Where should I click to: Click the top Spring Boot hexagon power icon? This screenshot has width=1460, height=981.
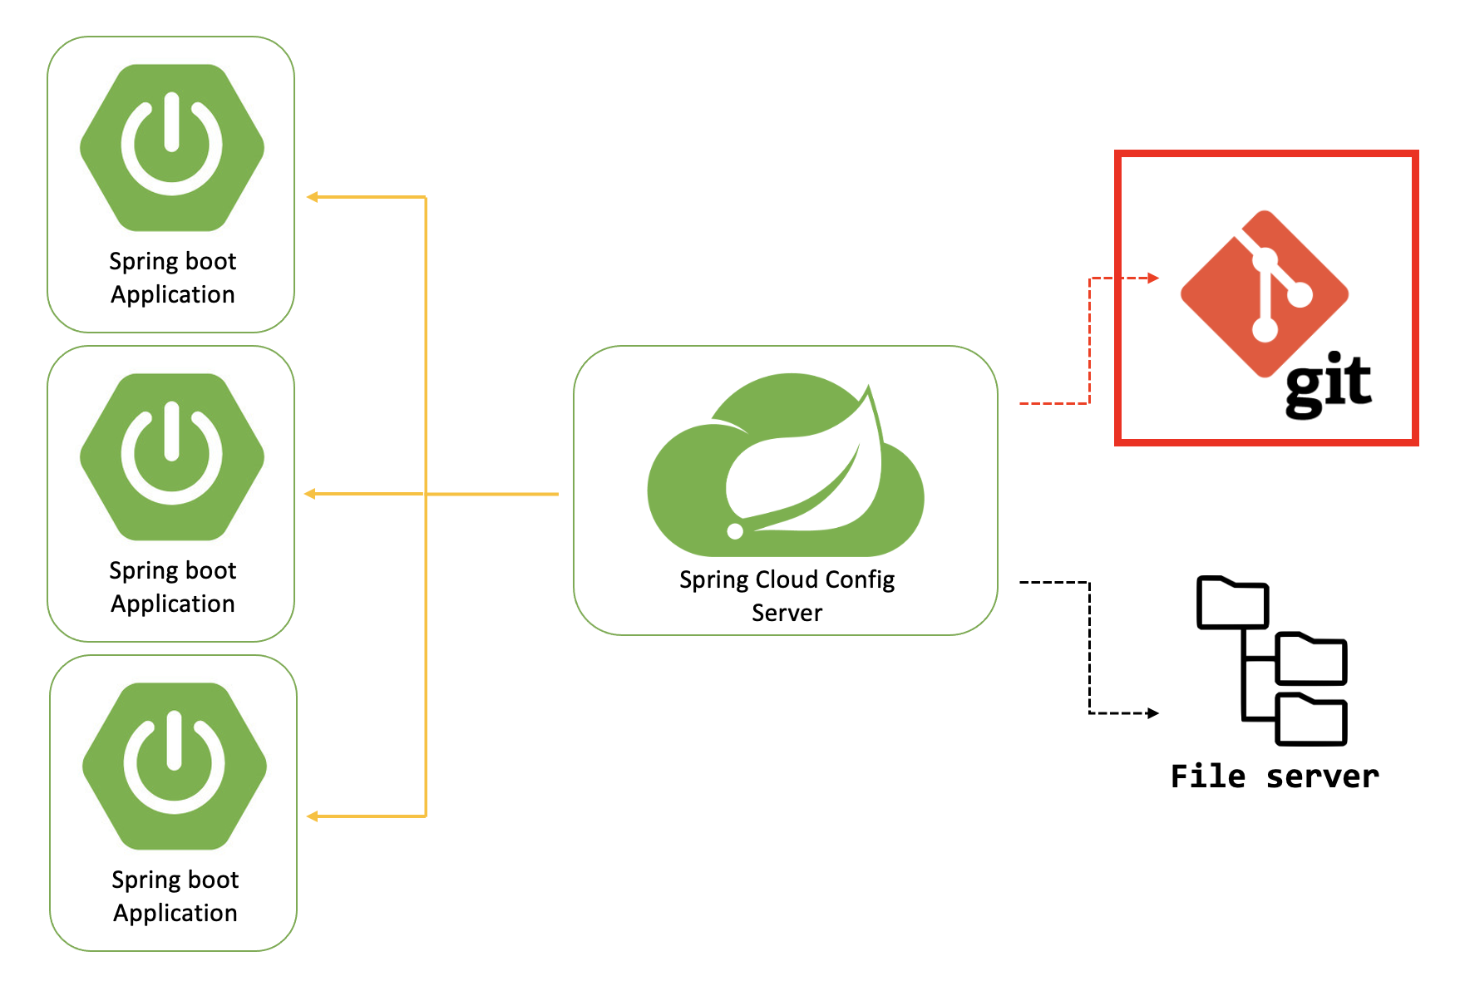point(172,147)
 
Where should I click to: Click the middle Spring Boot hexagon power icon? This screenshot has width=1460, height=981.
point(172,456)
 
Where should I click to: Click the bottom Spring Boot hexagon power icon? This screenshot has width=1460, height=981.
point(175,766)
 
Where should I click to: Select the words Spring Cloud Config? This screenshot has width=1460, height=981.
point(787,579)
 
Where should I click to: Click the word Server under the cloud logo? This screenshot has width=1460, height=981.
point(787,613)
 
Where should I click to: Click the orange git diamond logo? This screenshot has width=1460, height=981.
point(1264,293)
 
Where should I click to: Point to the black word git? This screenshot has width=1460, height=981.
point(1328,383)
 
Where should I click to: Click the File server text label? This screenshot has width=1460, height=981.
point(1274,776)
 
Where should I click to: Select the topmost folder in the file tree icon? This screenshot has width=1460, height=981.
point(1232,603)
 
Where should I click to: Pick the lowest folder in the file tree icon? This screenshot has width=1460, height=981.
point(1310,719)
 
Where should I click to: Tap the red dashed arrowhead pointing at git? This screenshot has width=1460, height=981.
point(1153,278)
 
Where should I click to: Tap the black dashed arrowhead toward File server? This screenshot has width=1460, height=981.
point(1153,712)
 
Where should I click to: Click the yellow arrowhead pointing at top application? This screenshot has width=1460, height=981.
point(313,197)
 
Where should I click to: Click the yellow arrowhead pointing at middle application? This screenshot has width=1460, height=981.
point(310,494)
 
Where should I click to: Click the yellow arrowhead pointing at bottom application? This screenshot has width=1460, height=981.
point(313,816)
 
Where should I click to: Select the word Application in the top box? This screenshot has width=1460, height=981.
point(173,294)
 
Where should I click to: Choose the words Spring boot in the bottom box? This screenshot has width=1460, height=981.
point(175,880)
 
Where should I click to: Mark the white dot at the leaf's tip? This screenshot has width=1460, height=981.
point(735,531)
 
